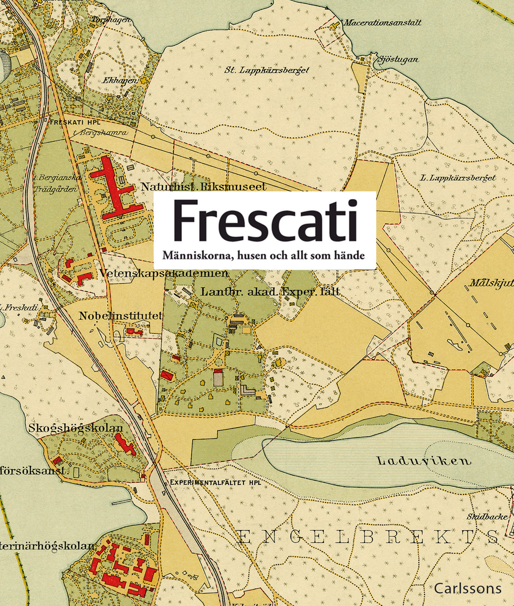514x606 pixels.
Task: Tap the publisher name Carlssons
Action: pos(467,588)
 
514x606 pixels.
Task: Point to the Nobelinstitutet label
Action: pos(121,316)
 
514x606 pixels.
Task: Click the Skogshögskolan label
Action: pos(76,428)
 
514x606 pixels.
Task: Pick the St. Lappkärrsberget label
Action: pos(267,70)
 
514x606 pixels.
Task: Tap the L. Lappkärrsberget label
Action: pos(458,178)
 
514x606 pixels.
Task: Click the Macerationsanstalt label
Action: pos(382,22)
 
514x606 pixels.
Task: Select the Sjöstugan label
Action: pos(398,60)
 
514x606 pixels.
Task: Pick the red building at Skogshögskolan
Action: pos(125,444)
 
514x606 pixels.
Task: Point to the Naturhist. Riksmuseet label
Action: pos(203,187)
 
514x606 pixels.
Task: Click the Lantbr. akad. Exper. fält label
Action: pos(271,292)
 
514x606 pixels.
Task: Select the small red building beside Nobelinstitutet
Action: pos(134,331)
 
